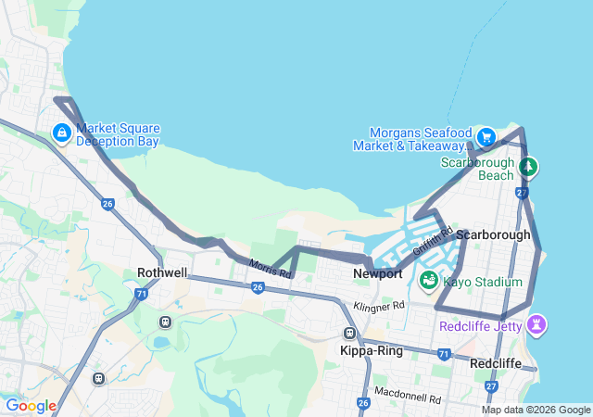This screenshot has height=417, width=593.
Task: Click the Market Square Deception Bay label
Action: coord(118,134)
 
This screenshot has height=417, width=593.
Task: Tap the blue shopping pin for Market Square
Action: coord(62,133)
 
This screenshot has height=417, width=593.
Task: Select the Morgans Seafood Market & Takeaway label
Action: coord(420,139)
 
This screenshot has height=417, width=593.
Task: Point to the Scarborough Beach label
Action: coord(476,169)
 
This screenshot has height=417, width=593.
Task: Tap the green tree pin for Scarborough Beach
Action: coord(528,167)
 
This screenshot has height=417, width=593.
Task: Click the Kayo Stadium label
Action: coord(483,282)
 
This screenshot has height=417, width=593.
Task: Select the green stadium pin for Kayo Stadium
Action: coord(429,279)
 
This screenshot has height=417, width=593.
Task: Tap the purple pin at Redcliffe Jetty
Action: coord(536,324)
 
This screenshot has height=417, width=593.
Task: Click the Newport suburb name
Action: coord(377,274)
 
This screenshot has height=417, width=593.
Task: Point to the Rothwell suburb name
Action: coord(162,273)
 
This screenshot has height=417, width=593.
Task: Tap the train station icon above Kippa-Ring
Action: coord(350,334)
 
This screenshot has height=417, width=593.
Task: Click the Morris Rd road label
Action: coord(270,270)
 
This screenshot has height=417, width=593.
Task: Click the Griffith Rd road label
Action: coord(432,243)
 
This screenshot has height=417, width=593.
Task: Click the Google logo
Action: coord(31,406)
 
